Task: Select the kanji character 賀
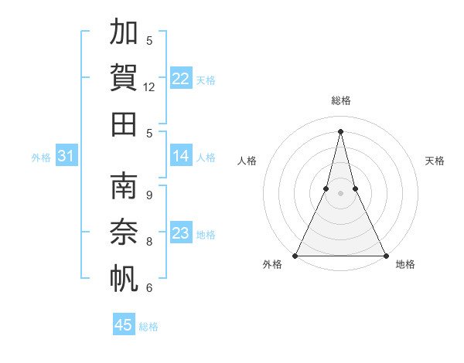[124, 76]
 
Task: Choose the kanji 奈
[124, 231]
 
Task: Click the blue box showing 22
[181, 79]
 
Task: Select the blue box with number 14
[181, 156]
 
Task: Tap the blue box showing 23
[181, 233]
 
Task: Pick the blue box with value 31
[66, 157]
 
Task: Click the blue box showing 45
[124, 325]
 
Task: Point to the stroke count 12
[149, 87]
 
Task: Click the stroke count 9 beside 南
[149, 195]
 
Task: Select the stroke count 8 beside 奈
[149, 241]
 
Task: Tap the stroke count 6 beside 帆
[149, 288]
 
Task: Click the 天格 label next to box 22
[206, 80]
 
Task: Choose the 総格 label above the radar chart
[341, 100]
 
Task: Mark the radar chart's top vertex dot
[341, 131]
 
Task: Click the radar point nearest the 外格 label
[295, 256]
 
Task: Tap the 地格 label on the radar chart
[405, 265]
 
